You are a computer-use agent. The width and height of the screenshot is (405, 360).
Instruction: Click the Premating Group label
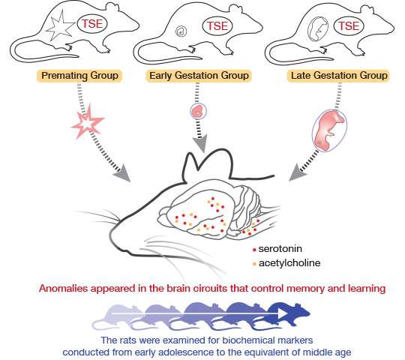(79, 76)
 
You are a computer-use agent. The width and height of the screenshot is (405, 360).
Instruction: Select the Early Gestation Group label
(199, 76)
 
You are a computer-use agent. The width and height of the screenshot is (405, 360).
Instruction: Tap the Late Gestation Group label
(338, 76)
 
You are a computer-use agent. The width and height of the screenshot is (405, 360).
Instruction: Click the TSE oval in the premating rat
(92, 24)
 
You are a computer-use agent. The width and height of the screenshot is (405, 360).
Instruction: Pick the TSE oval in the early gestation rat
(217, 25)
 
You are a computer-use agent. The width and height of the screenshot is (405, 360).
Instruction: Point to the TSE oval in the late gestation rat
(349, 25)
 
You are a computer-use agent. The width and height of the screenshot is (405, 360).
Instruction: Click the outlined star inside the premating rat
(60, 26)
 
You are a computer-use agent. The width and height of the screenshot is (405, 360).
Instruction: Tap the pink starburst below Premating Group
(88, 121)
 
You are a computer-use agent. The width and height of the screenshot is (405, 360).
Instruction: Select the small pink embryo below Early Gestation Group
(198, 111)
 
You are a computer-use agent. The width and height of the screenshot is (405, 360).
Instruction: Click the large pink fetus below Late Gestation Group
(330, 130)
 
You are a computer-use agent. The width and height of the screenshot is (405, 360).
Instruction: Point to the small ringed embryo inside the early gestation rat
(181, 31)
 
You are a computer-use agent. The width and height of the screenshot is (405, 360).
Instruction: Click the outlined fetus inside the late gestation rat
(318, 29)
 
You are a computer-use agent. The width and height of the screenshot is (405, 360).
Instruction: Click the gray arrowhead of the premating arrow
(122, 173)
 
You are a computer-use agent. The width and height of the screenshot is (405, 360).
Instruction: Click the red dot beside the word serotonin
(254, 250)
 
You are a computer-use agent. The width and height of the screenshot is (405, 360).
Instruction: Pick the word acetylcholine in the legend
(289, 263)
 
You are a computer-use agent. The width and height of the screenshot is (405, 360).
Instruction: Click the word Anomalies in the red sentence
(64, 288)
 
